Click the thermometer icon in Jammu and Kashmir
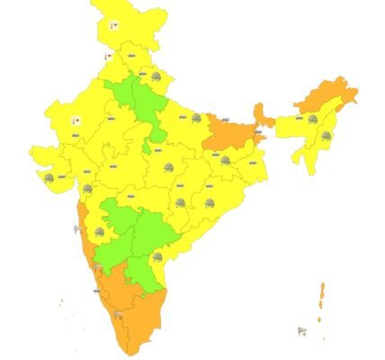(113, 24)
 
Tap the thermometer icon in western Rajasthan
(76, 118)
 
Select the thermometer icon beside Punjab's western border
(105, 56)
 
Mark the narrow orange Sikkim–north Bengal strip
(262, 113)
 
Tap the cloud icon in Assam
(312, 119)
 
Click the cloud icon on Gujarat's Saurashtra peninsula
(62, 177)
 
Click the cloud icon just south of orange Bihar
(225, 160)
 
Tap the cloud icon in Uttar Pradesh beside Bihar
(195, 118)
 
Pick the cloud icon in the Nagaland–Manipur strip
(327, 136)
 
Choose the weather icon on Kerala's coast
(116, 312)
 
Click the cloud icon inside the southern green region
(157, 257)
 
